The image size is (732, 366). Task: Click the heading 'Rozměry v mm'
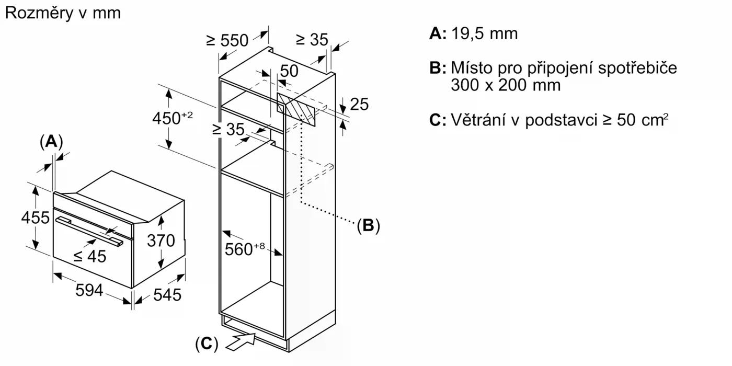point(63,13)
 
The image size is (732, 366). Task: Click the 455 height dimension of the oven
point(35,217)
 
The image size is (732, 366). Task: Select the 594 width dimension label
point(89,291)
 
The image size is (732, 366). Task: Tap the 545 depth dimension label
point(167,295)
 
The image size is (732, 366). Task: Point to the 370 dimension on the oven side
point(160,241)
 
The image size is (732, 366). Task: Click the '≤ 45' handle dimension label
point(89,256)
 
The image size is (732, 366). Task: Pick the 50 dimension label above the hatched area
point(289,71)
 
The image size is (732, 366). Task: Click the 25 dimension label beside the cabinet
point(359,105)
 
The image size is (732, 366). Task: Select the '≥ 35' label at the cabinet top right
point(312,39)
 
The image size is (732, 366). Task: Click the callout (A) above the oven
point(51,141)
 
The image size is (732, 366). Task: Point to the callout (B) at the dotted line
point(368,225)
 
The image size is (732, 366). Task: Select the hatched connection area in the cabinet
point(296,109)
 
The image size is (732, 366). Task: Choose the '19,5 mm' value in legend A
point(484,33)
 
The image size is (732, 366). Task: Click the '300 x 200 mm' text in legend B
point(505,85)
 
